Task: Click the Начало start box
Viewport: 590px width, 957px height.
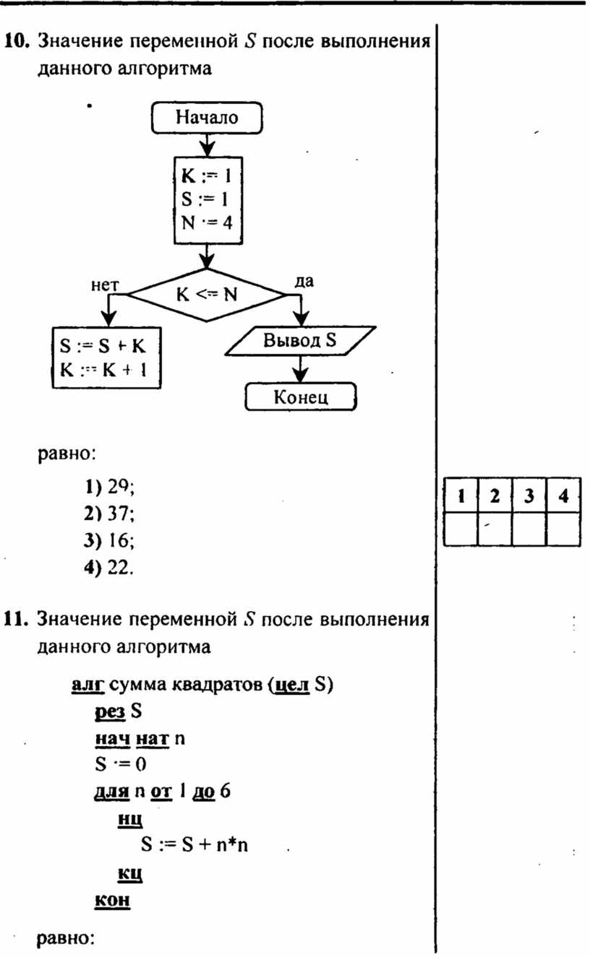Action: click(207, 118)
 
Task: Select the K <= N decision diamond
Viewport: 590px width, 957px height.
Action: click(207, 295)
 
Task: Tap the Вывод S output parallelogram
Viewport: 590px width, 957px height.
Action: click(300, 341)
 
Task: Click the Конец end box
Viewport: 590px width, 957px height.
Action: click(301, 397)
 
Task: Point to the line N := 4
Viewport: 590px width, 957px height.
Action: click(207, 222)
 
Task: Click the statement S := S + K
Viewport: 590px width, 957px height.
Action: click(103, 346)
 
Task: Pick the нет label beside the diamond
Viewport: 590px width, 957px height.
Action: click(105, 285)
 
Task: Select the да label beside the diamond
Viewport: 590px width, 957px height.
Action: click(304, 282)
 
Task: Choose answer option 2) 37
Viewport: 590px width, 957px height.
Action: click(109, 513)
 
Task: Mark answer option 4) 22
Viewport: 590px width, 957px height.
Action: click(108, 567)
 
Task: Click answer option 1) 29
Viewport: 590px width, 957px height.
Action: click(109, 487)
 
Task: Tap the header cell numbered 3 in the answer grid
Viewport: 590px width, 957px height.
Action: click(529, 495)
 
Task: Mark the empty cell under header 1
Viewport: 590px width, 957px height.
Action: click(461, 529)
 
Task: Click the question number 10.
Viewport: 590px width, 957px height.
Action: click(17, 41)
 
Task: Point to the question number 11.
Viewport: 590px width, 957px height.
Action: click(16, 619)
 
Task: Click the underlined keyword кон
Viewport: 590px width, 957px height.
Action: click(112, 899)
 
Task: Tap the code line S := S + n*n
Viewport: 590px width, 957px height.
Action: click(194, 844)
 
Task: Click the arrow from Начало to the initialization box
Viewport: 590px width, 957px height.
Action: click(207, 145)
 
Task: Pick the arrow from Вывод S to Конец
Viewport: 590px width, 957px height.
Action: click(301, 369)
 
